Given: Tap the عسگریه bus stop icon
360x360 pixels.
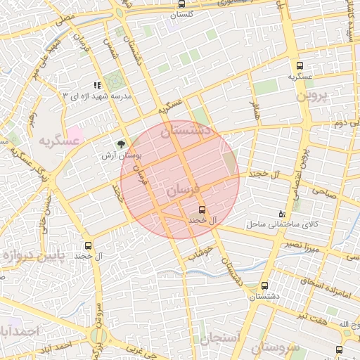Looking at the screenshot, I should point(300,65).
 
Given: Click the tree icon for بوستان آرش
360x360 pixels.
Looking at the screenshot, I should point(122,143).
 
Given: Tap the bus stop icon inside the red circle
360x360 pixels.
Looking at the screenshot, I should point(202,210).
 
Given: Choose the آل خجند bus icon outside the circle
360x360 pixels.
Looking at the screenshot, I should point(88,245).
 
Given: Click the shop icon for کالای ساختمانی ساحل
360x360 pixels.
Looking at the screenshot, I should point(282,214).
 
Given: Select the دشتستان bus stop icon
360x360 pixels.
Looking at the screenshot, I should point(264,286).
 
